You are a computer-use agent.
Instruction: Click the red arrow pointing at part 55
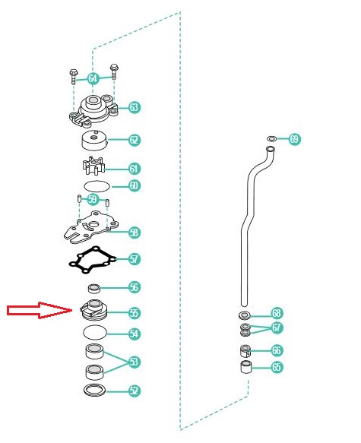(x=40, y=310)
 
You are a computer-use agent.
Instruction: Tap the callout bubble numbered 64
(x=93, y=78)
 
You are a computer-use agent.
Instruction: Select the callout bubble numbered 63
(x=135, y=107)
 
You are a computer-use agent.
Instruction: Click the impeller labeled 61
(x=93, y=166)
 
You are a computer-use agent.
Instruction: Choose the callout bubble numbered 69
(x=294, y=139)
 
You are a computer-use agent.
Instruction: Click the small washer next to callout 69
(x=272, y=139)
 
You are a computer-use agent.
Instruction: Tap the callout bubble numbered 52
(x=135, y=391)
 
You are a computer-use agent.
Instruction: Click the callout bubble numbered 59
(x=93, y=199)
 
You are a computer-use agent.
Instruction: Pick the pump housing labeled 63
(x=93, y=110)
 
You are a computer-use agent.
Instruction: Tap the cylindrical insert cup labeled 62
(x=95, y=141)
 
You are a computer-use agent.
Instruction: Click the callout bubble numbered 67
(x=277, y=328)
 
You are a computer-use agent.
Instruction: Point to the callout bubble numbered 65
(x=277, y=367)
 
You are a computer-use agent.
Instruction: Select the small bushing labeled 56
(x=94, y=289)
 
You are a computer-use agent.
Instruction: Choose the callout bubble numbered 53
(x=135, y=362)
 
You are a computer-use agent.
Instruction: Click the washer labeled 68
(x=245, y=315)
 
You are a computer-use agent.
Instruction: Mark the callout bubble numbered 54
(x=135, y=334)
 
